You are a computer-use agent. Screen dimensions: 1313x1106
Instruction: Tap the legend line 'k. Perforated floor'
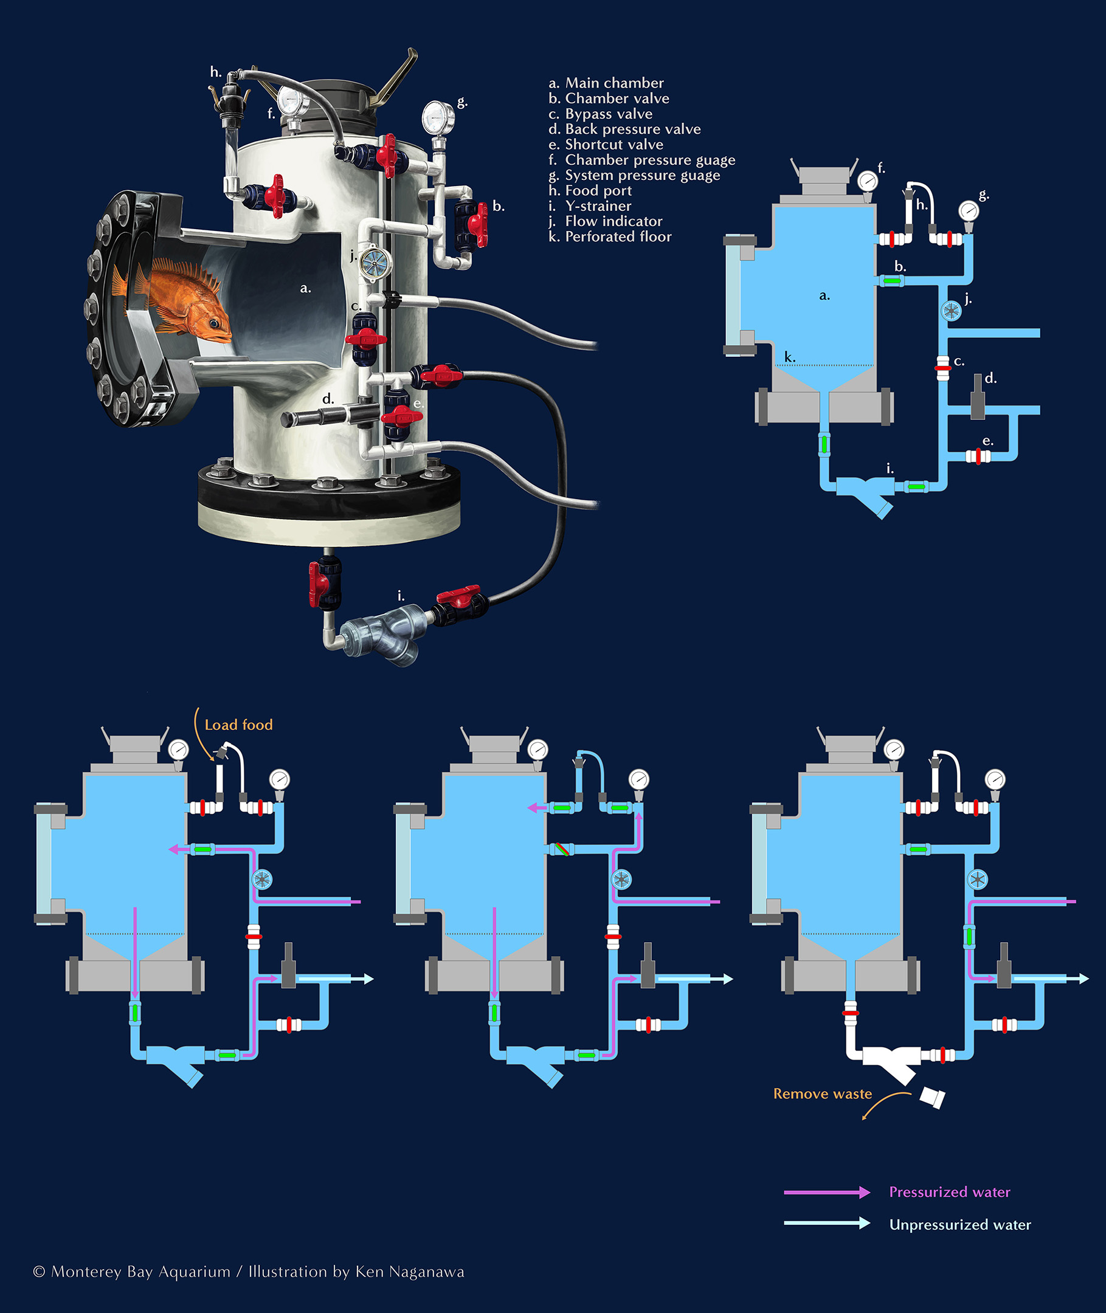[609, 237]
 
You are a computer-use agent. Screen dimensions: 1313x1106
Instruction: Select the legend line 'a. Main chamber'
[606, 83]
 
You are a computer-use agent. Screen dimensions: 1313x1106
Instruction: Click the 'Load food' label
[238, 725]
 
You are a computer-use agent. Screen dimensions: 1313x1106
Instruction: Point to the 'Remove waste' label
[822, 1094]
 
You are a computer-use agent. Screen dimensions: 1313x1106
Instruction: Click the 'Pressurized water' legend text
[949, 1192]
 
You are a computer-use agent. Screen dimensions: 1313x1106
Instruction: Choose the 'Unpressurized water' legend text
[960, 1225]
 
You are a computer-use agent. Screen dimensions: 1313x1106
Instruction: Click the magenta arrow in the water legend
[826, 1192]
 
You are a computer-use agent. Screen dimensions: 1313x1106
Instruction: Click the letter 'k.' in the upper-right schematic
[790, 357]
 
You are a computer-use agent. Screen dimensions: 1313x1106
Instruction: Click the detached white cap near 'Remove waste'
[932, 1097]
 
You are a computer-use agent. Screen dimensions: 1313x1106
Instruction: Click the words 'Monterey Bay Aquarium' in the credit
[140, 1272]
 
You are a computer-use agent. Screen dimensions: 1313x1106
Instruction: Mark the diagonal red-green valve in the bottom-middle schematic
[561, 849]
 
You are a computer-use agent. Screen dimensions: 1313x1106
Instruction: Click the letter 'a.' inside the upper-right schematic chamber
[824, 296]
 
